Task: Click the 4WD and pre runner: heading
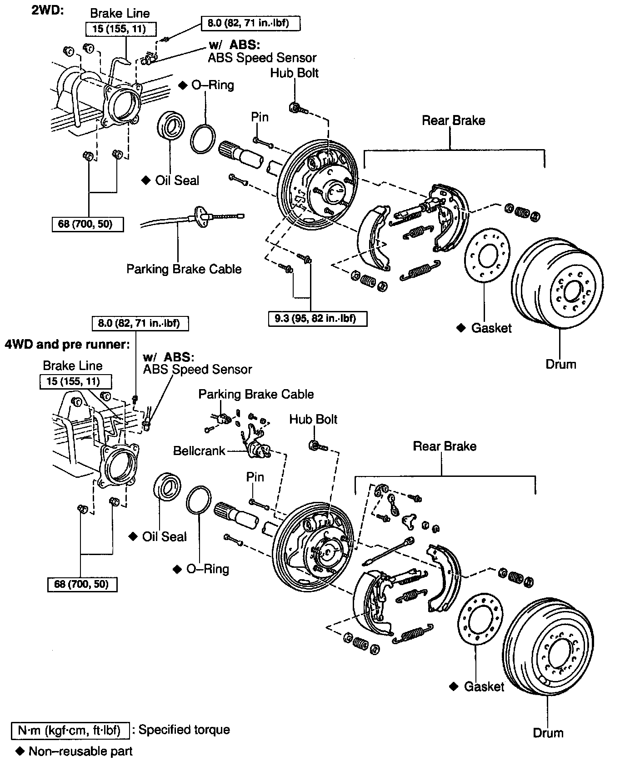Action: (67, 344)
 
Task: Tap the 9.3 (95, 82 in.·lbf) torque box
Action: (317, 318)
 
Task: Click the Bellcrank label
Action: (199, 451)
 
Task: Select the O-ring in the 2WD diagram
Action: (203, 139)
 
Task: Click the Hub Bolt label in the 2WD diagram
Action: (295, 73)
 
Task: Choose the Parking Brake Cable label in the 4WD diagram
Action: (256, 394)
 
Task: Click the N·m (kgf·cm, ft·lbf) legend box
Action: (70, 730)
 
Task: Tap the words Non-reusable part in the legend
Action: (80, 751)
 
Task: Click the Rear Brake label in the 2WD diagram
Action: (453, 120)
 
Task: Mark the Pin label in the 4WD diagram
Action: (255, 477)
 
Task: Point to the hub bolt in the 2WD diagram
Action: (296, 109)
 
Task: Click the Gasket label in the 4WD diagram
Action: (484, 686)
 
